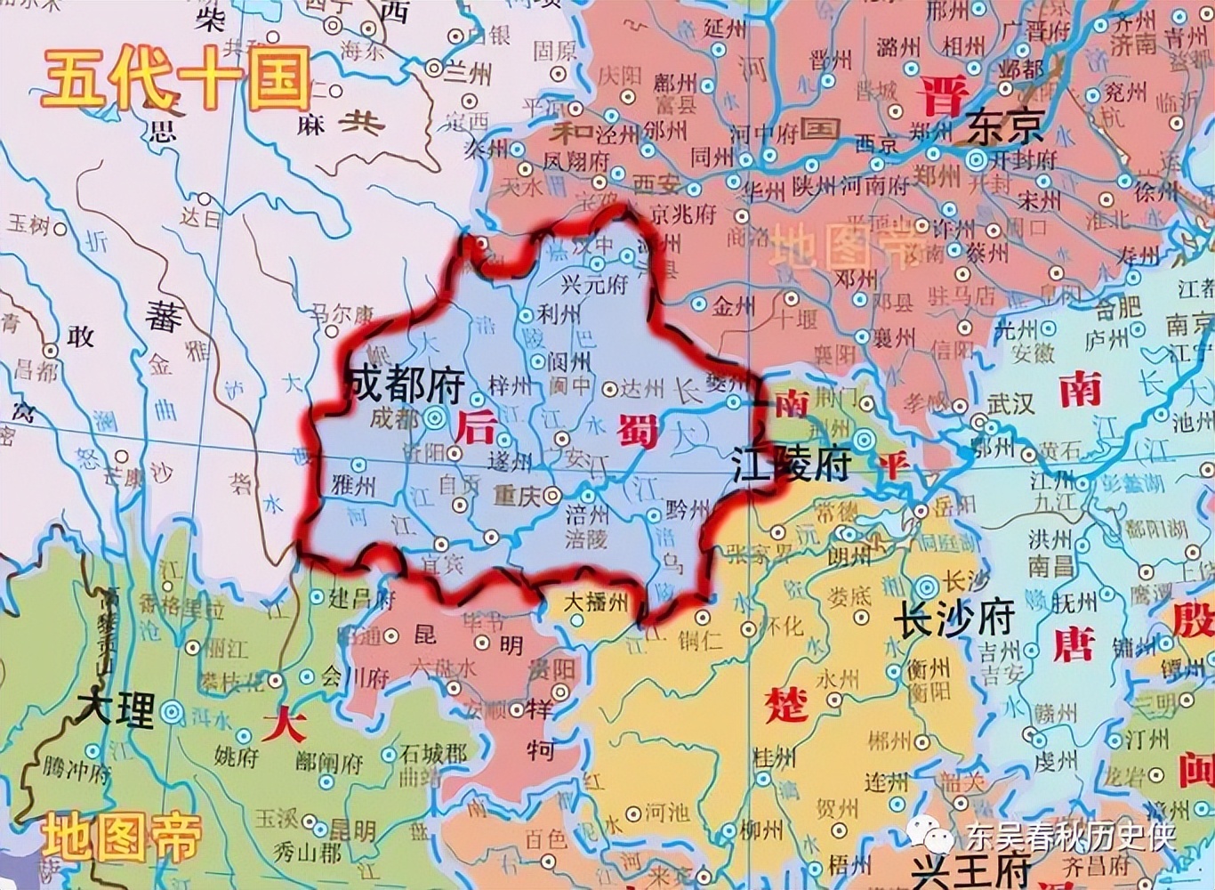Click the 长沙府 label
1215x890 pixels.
coord(953,618)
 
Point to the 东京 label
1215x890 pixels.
coord(1004,127)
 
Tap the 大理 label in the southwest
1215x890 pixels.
coord(116,709)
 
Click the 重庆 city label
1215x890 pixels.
coord(517,495)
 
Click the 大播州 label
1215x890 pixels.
coord(596,603)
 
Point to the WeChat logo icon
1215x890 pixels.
coord(928,834)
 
